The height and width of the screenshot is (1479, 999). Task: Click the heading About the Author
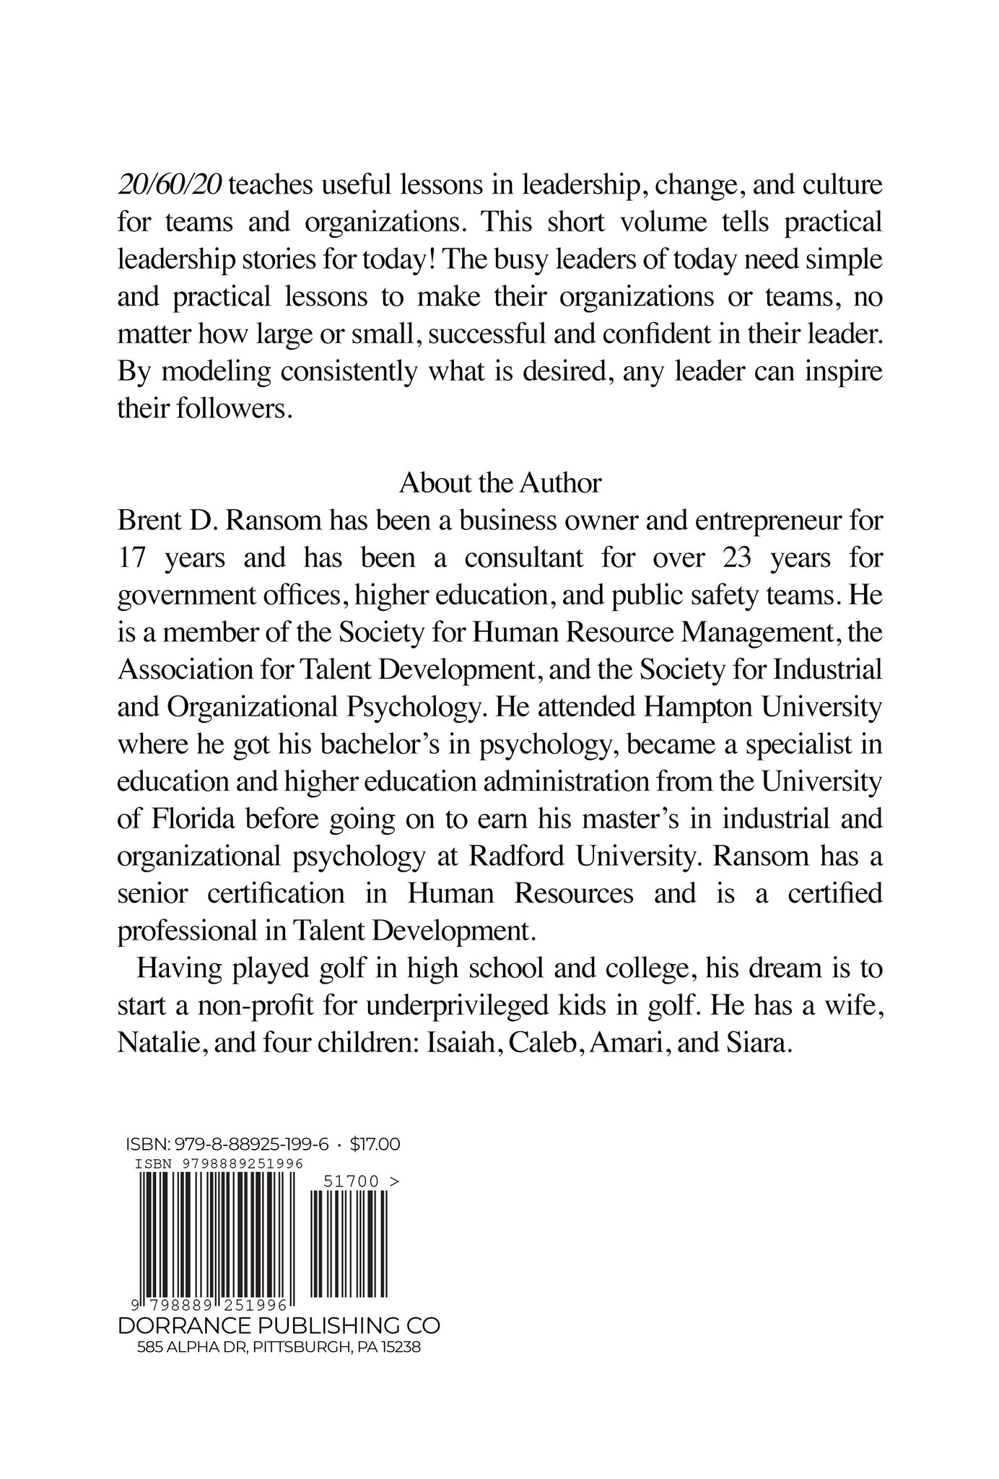tap(500, 483)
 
